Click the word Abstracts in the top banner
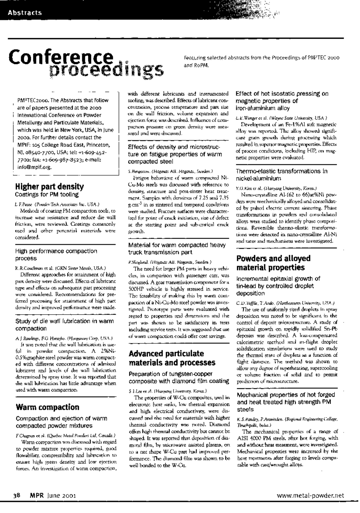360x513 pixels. pos(25,13)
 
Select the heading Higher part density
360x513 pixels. pos(49,186)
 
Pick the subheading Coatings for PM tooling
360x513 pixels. pos(47,195)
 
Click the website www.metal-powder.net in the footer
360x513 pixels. pos(310,496)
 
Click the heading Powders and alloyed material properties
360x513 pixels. pos(273,263)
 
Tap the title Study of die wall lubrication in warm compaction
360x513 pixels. pos(64,325)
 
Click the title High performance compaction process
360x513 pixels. pos(56,255)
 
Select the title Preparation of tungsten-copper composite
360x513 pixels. pos(179,377)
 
